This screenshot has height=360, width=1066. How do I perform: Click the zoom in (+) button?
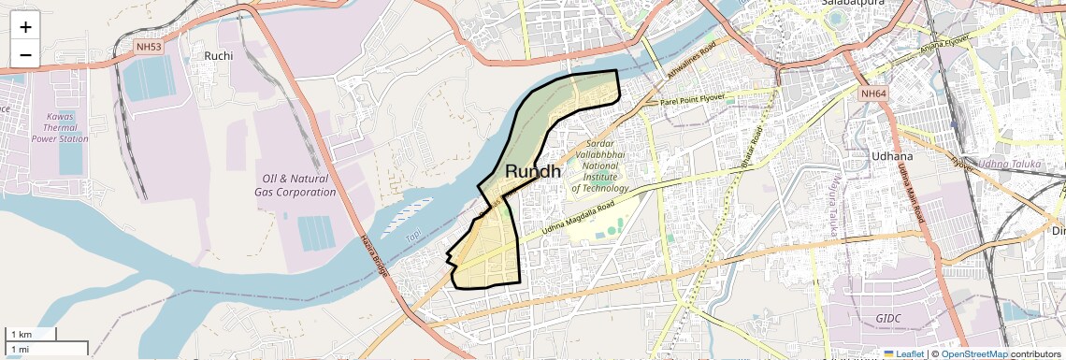pyautogui.click(x=25, y=27)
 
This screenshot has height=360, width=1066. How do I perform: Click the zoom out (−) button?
pyautogui.click(x=25, y=55)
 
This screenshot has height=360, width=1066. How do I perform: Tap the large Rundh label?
pyautogui.click(x=533, y=171)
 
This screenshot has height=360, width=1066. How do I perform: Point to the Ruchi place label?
pyautogui.click(x=218, y=55)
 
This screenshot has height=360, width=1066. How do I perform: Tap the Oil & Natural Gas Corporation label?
pyautogui.click(x=295, y=184)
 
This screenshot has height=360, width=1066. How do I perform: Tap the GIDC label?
pyautogui.click(x=888, y=319)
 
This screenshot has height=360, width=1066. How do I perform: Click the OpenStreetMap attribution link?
pyautogui.click(x=973, y=353)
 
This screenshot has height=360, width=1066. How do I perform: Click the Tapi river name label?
pyautogui.click(x=413, y=237)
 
